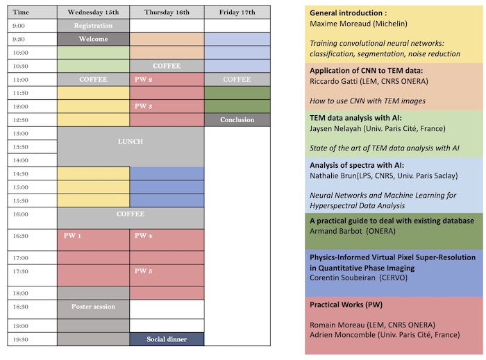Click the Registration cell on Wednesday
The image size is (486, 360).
(x=93, y=26)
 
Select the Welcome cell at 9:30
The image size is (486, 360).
(x=93, y=39)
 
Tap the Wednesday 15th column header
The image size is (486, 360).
(x=93, y=12)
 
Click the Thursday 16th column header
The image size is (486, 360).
(x=167, y=12)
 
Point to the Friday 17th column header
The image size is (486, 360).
(x=237, y=12)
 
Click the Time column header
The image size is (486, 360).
(x=22, y=12)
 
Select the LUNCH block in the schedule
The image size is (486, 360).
(x=131, y=142)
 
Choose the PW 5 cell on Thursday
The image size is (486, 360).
(x=144, y=271)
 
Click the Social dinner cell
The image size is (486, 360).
(x=167, y=339)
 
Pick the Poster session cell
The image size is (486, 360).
(x=93, y=306)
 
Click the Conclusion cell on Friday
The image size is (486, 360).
(x=237, y=120)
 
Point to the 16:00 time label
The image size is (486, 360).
(x=21, y=215)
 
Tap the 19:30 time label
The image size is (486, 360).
(x=21, y=339)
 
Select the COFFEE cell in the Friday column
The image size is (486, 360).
(x=237, y=80)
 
